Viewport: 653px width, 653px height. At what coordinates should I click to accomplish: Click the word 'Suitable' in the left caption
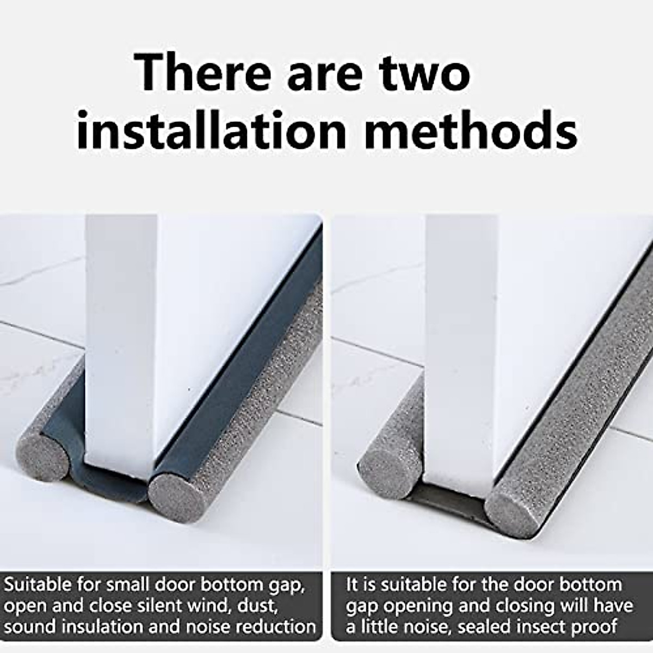pyautogui.click(x=38, y=585)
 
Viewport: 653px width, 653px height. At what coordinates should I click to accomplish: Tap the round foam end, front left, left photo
pyautogui.click(x=44, y=451)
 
